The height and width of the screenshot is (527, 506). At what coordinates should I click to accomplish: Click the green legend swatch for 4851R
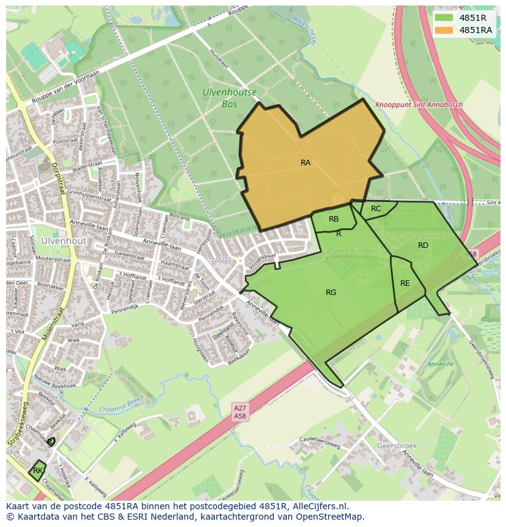click(444, 18)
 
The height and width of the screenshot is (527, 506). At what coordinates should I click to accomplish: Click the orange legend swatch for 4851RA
click(444, 30)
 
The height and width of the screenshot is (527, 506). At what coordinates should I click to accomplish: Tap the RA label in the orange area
click(306, 163)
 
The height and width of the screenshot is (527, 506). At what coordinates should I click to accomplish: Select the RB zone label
click(334, 219)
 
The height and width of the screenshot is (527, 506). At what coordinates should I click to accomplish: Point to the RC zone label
click(376, 209)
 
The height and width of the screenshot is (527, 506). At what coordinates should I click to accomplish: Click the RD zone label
click(423, 245)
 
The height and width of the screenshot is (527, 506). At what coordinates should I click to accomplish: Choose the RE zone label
click(405, 283)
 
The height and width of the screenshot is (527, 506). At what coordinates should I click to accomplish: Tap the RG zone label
click(331, 293)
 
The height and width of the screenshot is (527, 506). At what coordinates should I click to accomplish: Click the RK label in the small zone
click(38, 470)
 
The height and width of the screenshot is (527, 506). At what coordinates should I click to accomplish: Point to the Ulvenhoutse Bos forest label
click(229, 99)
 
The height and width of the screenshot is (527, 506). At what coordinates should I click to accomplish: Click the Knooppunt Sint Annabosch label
click(419, 105)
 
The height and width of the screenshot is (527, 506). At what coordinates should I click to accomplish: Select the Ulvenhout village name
click(64, 241)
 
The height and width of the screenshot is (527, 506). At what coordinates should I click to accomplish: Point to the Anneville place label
click(440, 364)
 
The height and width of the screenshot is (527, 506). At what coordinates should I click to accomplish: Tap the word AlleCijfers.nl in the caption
click(318, 506)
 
